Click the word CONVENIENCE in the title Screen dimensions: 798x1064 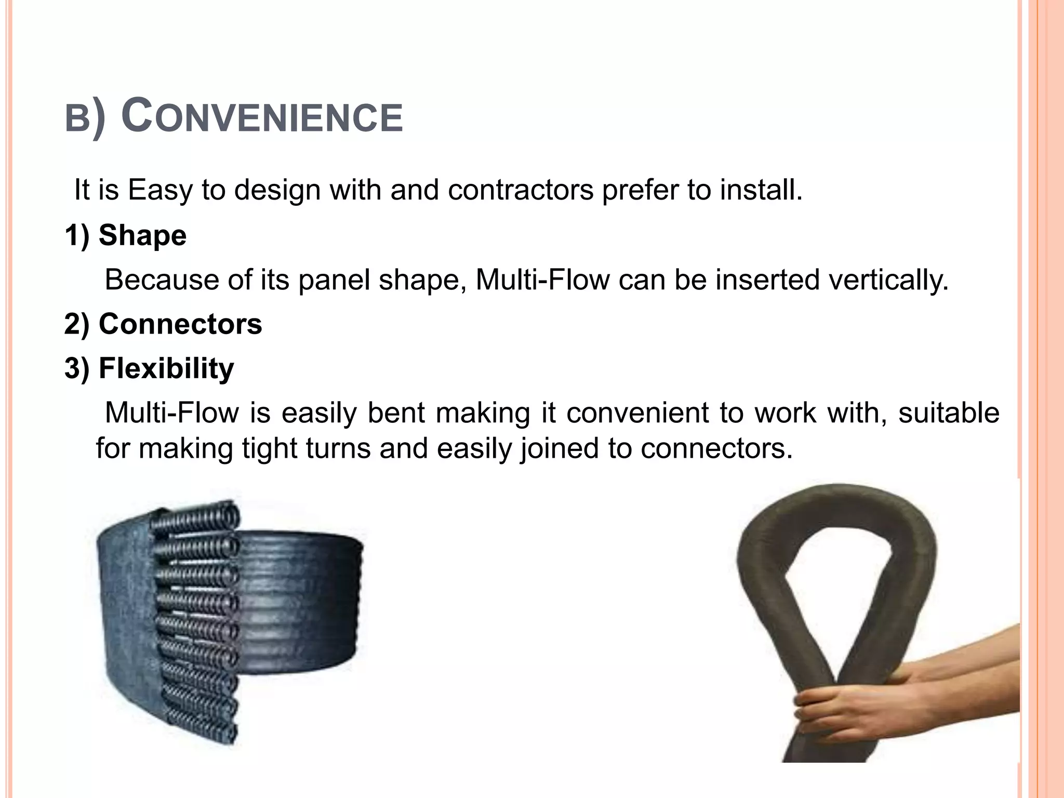point(262,117)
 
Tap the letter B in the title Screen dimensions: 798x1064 point(77,119)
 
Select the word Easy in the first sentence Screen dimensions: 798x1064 point(161,190)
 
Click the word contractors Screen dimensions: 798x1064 point(520,190)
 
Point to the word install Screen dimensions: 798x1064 point(761,190)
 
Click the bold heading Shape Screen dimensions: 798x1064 point(142,235)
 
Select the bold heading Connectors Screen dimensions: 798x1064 point(180,324)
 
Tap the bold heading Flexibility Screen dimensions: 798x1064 point(166,368)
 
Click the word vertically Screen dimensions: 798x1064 point(888,280)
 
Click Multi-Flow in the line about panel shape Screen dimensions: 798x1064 point(542,280)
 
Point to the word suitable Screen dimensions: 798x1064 point(949,414)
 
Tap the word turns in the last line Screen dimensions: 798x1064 point(338,448)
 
